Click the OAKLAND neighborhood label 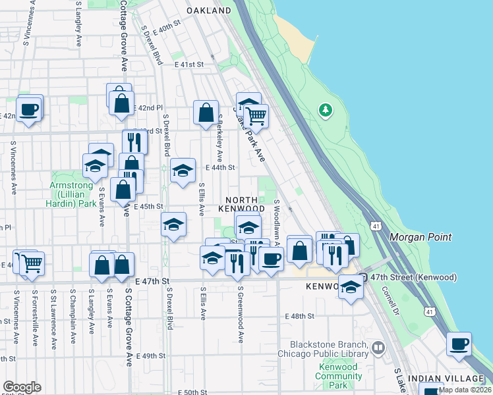[209, 11]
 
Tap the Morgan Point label [420, 237]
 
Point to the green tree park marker [326, 110]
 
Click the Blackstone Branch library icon [378, 346]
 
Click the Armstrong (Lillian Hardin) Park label [73, 195]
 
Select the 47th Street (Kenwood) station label [414, 278]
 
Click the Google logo [22, 387]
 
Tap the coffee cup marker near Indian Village [459, 344]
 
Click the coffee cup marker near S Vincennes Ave [28, 109]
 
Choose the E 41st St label [190, 65]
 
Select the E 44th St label [219, 168]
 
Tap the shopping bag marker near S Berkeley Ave [206, 113]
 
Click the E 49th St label [148, 355]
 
